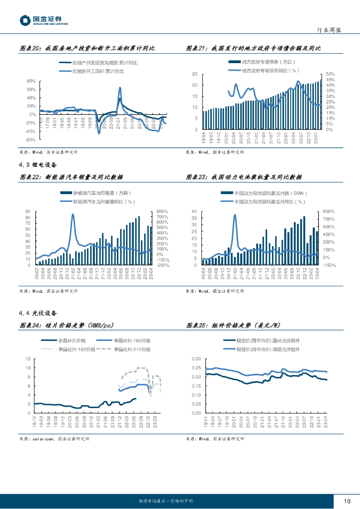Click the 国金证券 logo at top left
tap(44, 20)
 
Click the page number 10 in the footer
tap(347, 501)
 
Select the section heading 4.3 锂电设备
tap(38, 165)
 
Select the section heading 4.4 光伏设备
tap(38, 313)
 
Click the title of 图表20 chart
tap(87, 49)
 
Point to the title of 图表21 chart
tap(253, 49)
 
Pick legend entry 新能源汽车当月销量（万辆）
tap(102, 193)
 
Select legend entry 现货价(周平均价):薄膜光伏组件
tap(268, 349)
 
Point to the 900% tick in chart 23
tap(329, 212)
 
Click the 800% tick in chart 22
tap(162, 212)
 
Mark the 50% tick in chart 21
tap(330, 74)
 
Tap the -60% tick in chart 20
tap(30, 140)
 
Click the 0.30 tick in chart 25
tap(196, 359)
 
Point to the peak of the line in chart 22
tap(73, 214)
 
